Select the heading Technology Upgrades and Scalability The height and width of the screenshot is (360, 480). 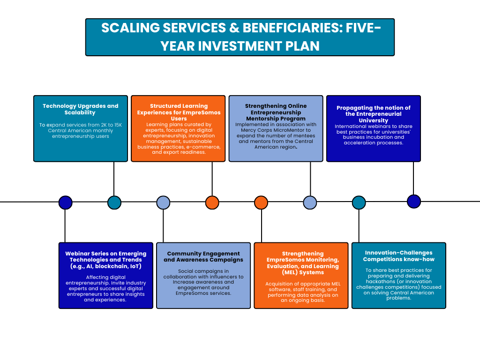[x=80, y=109]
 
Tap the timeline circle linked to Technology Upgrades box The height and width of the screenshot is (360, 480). [x=114, y=202]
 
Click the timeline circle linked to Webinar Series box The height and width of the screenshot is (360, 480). [x=65, y=202]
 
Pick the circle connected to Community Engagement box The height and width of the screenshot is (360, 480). [x=163, y=202]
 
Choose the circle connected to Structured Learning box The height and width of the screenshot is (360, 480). [x=212, y=202]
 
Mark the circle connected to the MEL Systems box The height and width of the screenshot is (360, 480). [x=261, y=202]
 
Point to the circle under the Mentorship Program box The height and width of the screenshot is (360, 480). [x=310, y=202]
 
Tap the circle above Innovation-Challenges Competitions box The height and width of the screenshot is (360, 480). [x=359, y=202]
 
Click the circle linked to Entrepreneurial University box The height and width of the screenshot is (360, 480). [x=414, y=202]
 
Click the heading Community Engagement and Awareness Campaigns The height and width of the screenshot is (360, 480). [x=203, y=256]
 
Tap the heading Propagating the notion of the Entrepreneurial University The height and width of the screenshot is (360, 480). [x=374, y=114]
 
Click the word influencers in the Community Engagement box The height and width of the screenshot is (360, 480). [x=225, y=277]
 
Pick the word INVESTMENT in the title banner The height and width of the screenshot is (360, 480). [x=240, y=46]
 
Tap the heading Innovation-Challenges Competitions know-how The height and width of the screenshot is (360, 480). [x=398, y=256]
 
